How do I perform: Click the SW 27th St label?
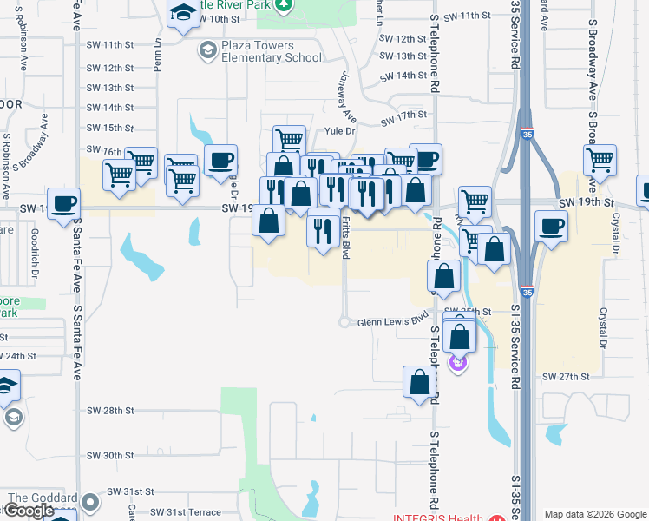[x=566, y=377]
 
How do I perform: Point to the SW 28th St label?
[x=110, y=410]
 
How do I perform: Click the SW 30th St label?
[x=110, y=455]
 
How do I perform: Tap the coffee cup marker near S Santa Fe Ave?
[x=63, y=204]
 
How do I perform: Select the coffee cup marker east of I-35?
[x=551, y=226]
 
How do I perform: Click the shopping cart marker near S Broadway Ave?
[x=600, y=161]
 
